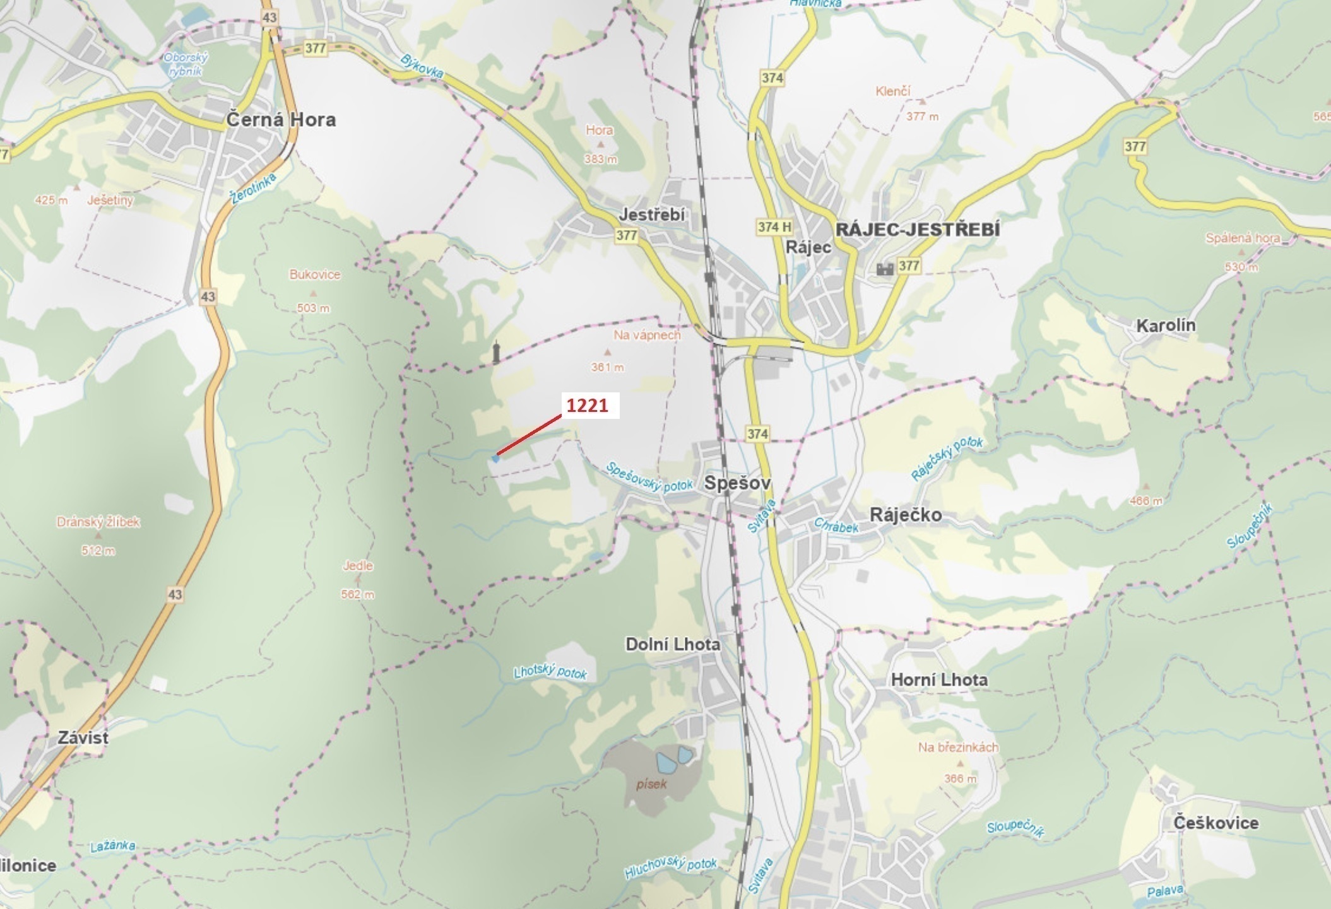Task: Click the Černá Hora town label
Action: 281,120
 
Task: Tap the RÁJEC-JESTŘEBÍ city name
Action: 918,230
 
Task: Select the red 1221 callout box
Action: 587,406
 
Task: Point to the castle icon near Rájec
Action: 885,269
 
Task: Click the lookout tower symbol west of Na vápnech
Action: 497,353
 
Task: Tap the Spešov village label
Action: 737,483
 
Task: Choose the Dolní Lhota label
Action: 672,644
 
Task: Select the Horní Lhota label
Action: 939,680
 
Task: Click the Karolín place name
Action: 1166,325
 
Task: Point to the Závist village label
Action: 83,737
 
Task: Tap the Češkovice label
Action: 1216,823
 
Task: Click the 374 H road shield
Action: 774,226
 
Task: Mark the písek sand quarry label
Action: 651,784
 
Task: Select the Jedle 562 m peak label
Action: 358,566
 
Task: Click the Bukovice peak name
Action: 314,274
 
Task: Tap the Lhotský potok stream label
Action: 550,672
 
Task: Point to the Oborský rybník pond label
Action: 186,64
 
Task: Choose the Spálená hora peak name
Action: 1242,238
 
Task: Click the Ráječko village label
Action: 906,515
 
